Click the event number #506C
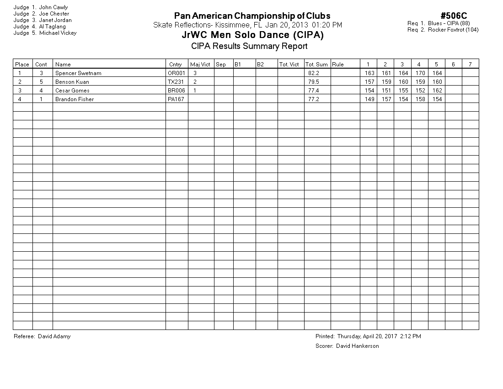click(x=454, y=16)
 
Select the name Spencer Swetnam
click(x=78, y=73)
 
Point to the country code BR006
click(x=177, y=91)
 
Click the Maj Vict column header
click(x=200, y=65)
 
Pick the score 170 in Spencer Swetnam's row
click(x=419, y=73)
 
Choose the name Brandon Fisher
click(x=75, y=99)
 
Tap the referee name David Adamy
click(x=54, y=336)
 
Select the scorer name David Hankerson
click(x=357, y=346)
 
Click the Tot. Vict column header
click(x=289, y=65)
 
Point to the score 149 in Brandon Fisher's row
click(x=369, y=99)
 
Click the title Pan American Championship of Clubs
click(x=252, y=16)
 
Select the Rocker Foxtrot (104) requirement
click(x=453, y=30)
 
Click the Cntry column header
click(x=175, y=65)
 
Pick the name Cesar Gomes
click(x=72, y=91)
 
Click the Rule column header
click(x=338, y=65)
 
